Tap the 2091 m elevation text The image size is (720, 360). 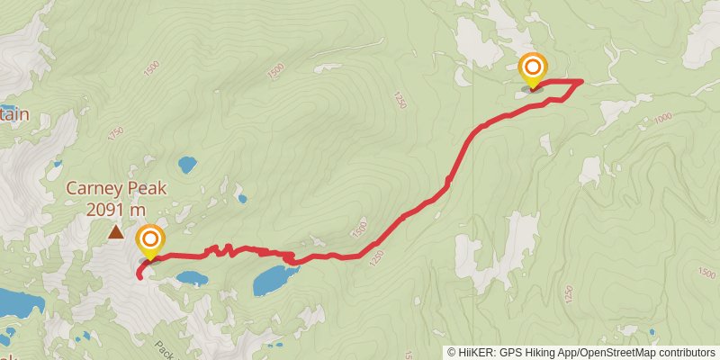click(x=116, y=209)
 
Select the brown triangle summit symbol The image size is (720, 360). click(x=116, y=233)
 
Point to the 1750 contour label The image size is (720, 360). click(x=114, y=132)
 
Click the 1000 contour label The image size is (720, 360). click(x=663, y=118)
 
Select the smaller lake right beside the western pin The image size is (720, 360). click(x=192, y=278)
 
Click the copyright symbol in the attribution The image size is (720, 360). click(x=452, y=352)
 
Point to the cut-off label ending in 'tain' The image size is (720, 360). click(x=14, y=114)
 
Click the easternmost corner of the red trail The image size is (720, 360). click(x=581, y=82)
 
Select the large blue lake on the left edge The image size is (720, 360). click(x=18, y=304)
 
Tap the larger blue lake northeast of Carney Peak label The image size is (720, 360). click(x=187, y=165)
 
